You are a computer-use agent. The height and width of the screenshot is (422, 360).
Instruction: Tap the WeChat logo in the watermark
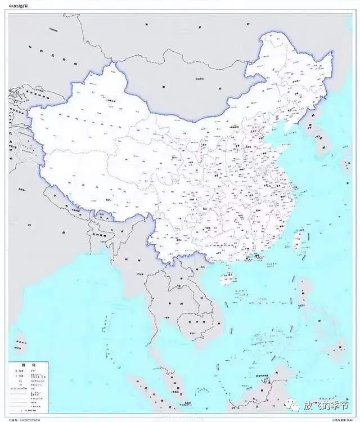pos(292,406)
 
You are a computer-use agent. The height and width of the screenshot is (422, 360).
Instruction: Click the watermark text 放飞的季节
pos(326,406)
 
